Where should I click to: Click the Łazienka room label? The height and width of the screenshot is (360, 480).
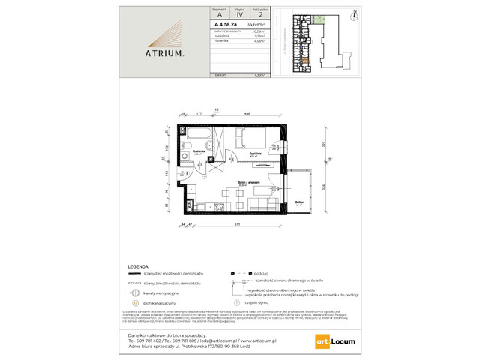pyautogui.click(x=199, y=151)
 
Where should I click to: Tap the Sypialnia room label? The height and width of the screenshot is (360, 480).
pyautogui.click(x=255, y=154)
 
